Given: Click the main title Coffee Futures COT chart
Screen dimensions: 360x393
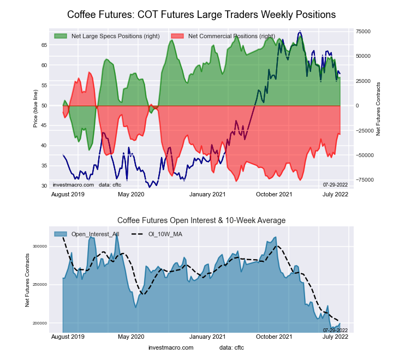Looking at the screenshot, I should (x=201, y=14).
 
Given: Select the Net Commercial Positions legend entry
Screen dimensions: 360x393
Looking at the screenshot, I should (x=231, y=36).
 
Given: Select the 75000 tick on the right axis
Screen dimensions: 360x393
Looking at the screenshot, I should (x=364, y=32).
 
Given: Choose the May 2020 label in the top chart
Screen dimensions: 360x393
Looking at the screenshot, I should (x=131, y=194).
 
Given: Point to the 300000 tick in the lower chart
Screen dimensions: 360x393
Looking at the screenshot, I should (x=40, y=247).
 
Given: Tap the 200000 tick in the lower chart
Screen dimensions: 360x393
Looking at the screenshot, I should (x=40, y=323).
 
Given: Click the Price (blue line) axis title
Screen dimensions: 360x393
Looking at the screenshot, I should (x=35, y=108).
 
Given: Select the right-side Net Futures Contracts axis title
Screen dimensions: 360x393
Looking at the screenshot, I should (x=378, y=109).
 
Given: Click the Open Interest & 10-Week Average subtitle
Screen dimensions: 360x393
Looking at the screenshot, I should (x=201, y=220).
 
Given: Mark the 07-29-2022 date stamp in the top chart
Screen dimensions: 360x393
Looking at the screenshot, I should (x=335, y=185).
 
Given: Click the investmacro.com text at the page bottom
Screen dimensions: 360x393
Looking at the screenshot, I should (x=170, y=347).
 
